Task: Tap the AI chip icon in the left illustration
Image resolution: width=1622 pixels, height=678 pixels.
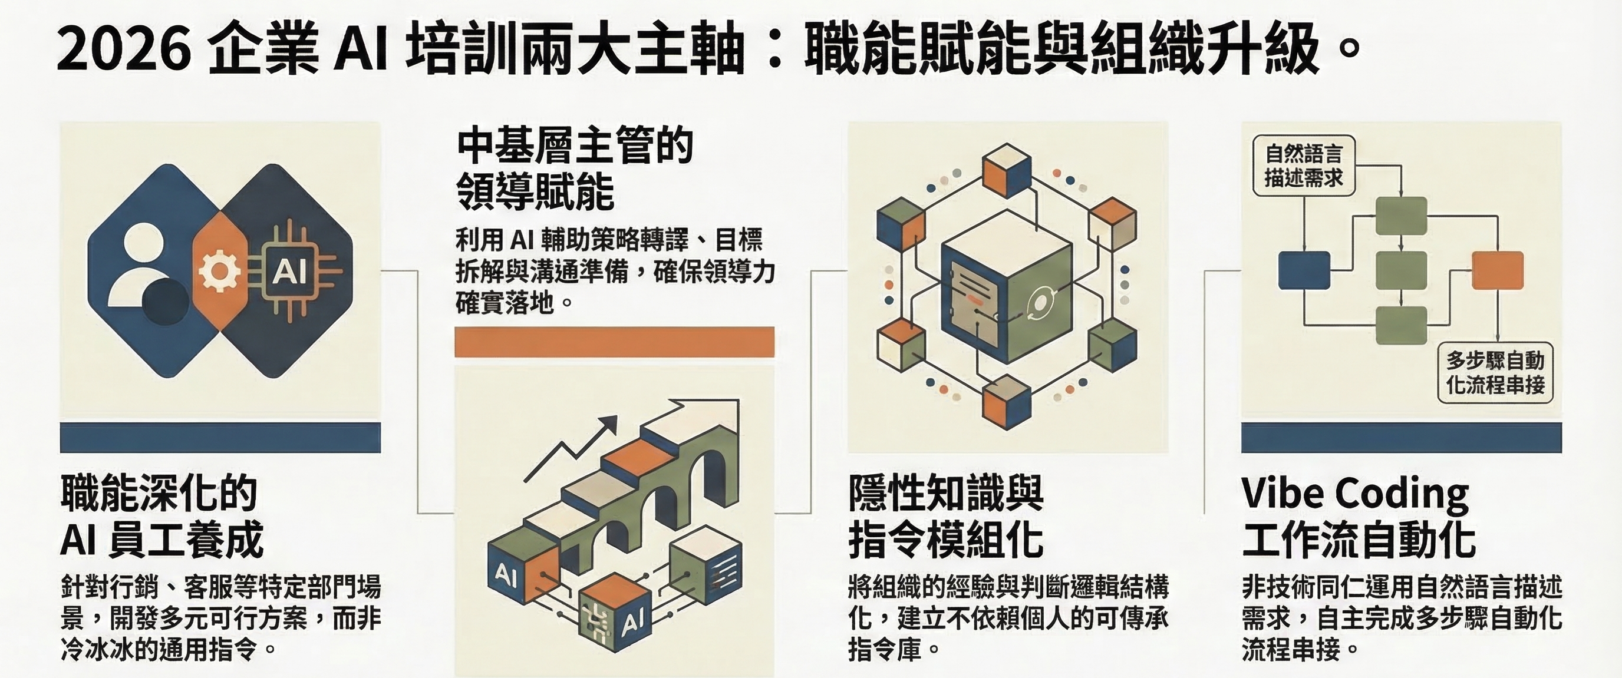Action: [289, 272]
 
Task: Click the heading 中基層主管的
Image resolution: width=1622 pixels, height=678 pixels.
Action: [574, 145]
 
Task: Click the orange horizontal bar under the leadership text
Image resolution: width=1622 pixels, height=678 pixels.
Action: [615, 342]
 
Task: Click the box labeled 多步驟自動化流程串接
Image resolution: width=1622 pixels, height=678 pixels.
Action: [1495, 373]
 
